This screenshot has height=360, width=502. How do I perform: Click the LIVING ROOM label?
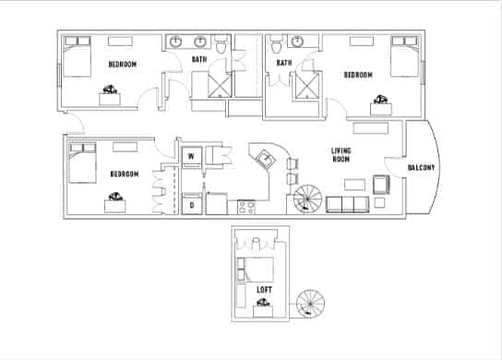(341, 155)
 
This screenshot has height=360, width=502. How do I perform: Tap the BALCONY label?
(421, 167)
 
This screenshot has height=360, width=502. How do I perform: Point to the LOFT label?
(264, 290)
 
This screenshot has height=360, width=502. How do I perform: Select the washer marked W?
(192, 157)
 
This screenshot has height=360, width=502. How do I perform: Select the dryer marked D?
(192, 204)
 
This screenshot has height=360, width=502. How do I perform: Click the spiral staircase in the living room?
(307, 198)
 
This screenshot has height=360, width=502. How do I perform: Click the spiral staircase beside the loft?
(310, 304)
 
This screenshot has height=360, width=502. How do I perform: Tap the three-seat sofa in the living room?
(347, 205)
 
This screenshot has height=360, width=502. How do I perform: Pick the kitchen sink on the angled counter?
(266, 159)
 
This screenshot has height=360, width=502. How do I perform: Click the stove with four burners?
(246, 207)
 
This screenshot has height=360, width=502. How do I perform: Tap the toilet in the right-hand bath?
(276, 44)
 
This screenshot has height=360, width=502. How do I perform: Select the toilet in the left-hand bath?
(221, 44)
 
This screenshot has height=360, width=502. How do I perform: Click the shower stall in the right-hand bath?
(307, 85)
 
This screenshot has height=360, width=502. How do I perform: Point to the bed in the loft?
(256, 270)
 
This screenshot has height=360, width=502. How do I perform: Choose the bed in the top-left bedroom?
(78, 56)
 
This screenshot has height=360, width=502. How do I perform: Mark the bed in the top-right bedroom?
(405, 56)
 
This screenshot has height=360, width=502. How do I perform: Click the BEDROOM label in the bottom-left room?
(125, 174)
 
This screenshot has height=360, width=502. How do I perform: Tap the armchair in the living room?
(381, 185)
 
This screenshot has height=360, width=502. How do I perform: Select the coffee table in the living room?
(354, 185)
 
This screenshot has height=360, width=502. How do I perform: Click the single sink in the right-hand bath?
(297, 41)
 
